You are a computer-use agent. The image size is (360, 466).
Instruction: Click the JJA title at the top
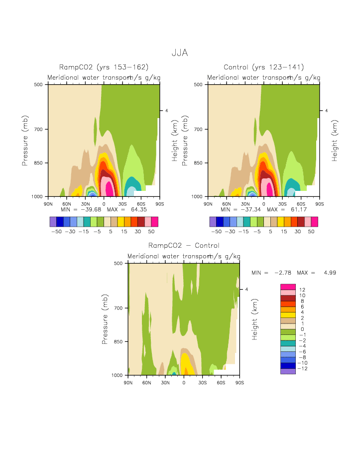180,52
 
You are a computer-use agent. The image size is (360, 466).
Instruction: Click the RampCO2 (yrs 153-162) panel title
104,67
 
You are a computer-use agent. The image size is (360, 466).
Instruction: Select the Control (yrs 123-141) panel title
264,67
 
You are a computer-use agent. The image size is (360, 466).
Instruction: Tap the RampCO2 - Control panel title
184,245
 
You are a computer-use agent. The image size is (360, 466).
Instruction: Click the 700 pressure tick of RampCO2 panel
39,130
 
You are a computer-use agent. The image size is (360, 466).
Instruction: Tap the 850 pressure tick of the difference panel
119,342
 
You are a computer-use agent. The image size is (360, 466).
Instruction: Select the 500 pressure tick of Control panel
199,85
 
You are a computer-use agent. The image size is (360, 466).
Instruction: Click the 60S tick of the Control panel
301,203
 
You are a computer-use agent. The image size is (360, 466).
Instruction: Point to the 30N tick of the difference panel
165,382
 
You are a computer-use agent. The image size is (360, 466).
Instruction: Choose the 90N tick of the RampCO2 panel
48,203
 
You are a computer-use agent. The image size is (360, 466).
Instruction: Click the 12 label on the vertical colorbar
302,290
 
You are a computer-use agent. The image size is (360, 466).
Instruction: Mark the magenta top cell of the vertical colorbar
288,287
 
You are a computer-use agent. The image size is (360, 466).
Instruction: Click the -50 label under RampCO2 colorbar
56,232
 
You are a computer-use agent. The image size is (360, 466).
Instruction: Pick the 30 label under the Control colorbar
301,232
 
